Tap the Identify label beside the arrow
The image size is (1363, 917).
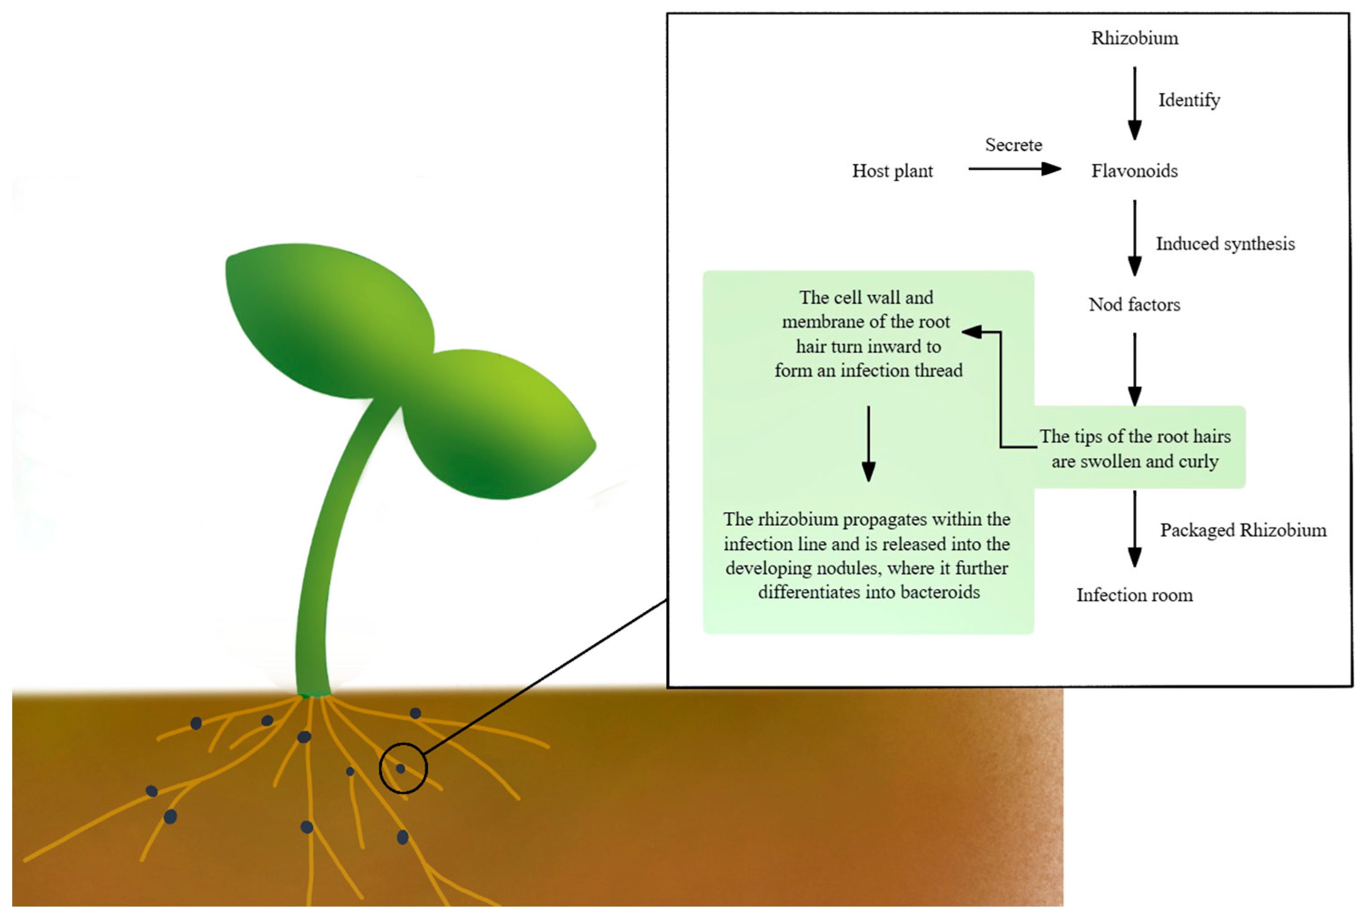(1189, 100)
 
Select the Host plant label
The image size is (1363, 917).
(892, 171)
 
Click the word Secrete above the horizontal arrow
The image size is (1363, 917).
(1013, 145)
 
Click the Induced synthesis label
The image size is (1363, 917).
(1224, 244)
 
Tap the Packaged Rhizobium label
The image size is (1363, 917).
(1243, 530)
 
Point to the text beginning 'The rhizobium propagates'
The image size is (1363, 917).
(867, 556)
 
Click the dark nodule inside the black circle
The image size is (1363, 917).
(400, 769)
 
